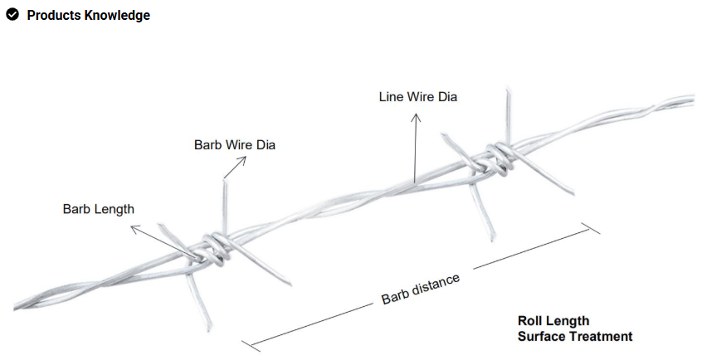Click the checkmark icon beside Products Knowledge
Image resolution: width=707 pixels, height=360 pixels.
(12, 14)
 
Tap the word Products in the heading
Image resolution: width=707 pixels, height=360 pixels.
(54, 15)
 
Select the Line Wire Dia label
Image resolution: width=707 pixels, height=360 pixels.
(418, 97)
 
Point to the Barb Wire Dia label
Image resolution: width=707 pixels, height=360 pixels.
(235, 144)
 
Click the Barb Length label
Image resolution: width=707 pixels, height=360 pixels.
(98, 209)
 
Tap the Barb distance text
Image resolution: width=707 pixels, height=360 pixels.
(421, 289)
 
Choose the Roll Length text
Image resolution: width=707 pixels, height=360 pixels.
(553, 321)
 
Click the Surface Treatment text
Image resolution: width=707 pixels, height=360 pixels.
(575, 337)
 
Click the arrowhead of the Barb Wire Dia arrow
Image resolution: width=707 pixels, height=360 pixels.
(243, 159)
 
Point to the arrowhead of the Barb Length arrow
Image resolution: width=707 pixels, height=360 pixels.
(134, 228)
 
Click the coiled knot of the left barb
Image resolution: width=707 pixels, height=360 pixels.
(215, 249)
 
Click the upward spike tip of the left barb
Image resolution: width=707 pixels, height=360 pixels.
(224, 181)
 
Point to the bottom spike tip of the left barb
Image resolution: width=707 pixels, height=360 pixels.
(209, 330)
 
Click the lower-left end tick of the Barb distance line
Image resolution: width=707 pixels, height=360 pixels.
(251, 346)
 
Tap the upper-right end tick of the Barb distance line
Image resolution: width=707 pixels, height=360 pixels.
(591, 228)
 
